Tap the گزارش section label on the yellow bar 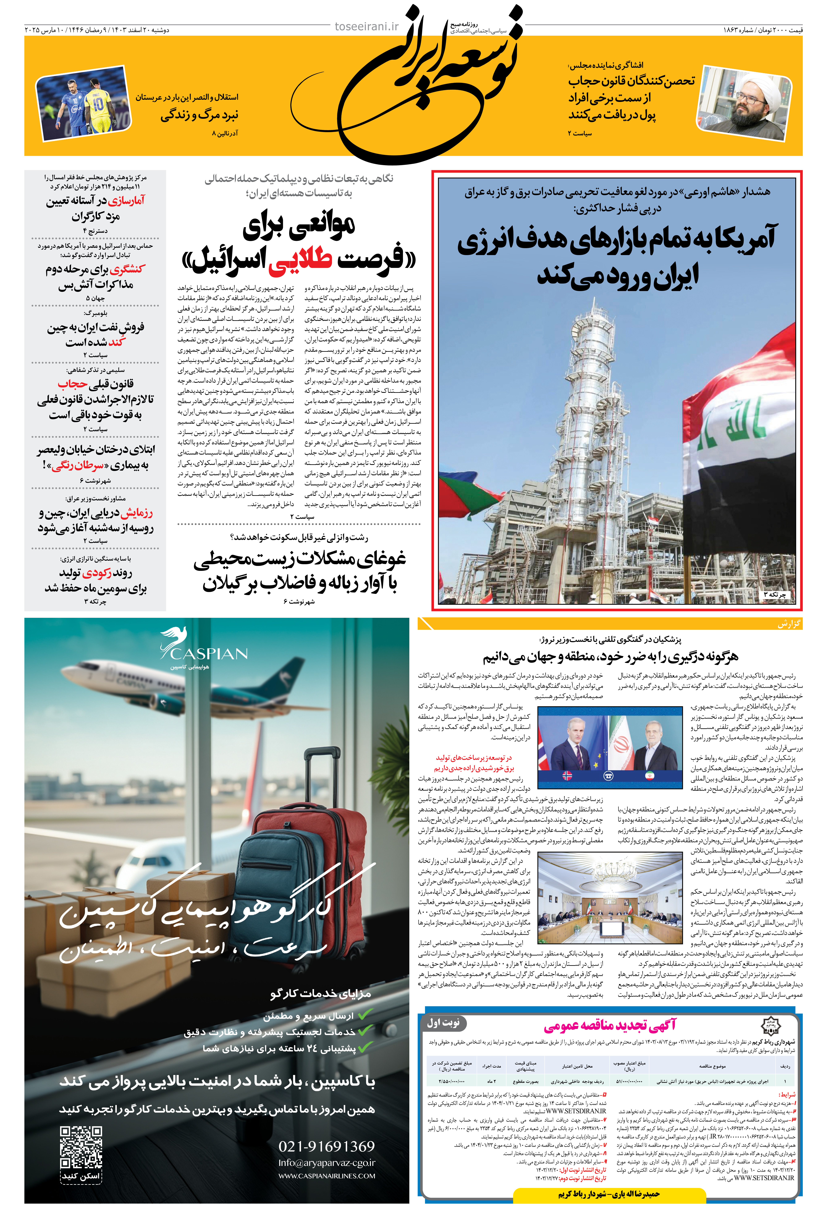[789, 624]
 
